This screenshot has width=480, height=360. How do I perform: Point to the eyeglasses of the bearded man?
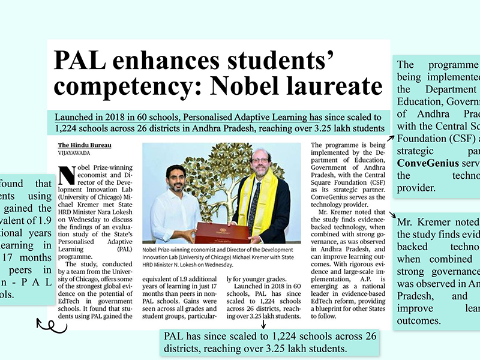coord(260,162)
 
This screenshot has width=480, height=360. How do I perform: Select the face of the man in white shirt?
coord(175,178)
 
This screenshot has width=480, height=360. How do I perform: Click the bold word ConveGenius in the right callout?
coord(424,163)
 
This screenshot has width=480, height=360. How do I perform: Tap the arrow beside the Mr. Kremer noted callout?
coord(392,215)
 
